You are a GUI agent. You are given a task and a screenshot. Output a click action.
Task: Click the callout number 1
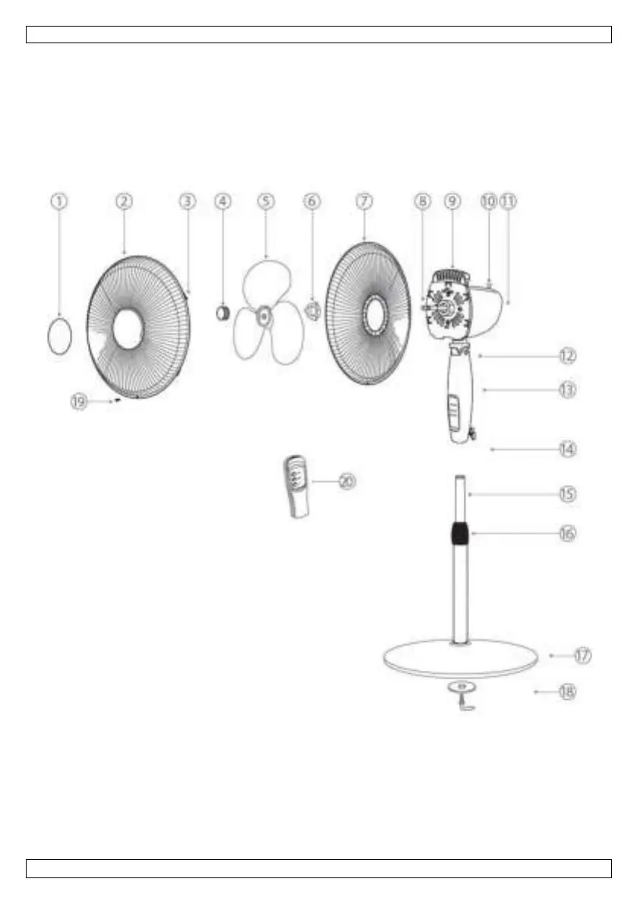pos(60,201)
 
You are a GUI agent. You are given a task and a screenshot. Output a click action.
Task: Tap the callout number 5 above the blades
pos(265,201)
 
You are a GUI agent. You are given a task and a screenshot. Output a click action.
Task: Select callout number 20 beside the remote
pos(346,481)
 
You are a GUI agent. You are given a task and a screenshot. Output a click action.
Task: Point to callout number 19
pos(79,402)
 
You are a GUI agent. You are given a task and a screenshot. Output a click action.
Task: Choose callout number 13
pos(566,389)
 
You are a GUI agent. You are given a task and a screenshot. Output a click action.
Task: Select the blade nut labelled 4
pos(222,311)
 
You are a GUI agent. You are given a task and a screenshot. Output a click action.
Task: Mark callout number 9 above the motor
pos(453,201)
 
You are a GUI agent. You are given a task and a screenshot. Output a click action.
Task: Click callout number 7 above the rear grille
pos(364,201)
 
